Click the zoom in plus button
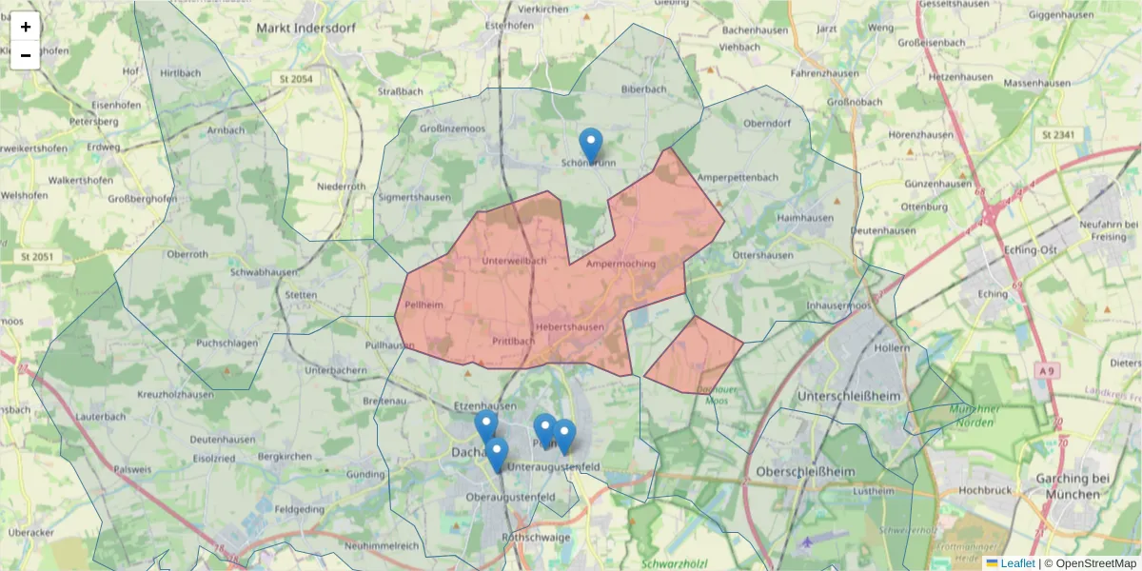pyautogui.click(x=26, y=27)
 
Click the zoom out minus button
pyautogui.click(x=26, y=55)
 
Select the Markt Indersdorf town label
pyautogui.click(x=305, y=28)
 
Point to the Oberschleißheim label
pyautogui.click(x=805, y=471)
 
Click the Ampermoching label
pyautogui.click(x=622, y=263)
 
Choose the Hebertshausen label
pyautogui.click(x=570, y=326)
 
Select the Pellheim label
pyautogui.click(x=423, y=305)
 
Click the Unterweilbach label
pyautogui.click(x=514, y=261)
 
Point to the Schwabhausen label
pyautogui.click(x=258, y=271)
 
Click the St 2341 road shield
pyautogui.click(x=1058, y=135)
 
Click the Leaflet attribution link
pyautogui.click(x=1016, y=563)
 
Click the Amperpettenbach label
pyautogui.click(x=738, y=177)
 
